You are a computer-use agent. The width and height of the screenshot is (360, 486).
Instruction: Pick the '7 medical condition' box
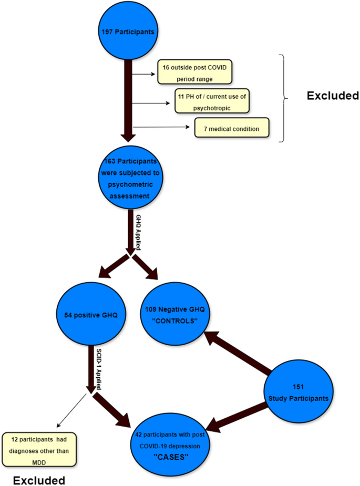tap(232, 127)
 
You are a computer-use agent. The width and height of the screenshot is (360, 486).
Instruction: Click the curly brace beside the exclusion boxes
tap(286, 98)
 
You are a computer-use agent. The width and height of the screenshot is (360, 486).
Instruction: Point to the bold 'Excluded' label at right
tap(333, 96)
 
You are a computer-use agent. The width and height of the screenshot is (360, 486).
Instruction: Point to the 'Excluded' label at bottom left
tap(39, 480)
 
